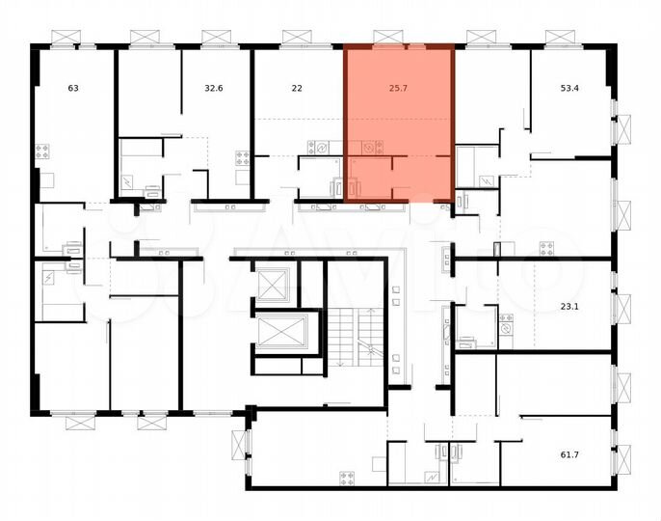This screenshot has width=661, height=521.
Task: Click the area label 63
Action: tap(73, 89)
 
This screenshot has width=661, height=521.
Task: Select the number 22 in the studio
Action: tap(297, 89)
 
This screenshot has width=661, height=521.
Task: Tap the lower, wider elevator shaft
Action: tap(280, 333)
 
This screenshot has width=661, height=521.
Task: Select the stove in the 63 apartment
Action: tap(42, 151)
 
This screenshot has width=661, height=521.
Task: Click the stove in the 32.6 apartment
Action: tap(240, 159)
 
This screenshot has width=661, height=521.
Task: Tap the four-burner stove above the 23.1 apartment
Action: tap(547, 248)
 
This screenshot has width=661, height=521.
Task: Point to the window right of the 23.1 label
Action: tap(622, 308)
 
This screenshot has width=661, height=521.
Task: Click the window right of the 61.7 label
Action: tap(622, 453)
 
